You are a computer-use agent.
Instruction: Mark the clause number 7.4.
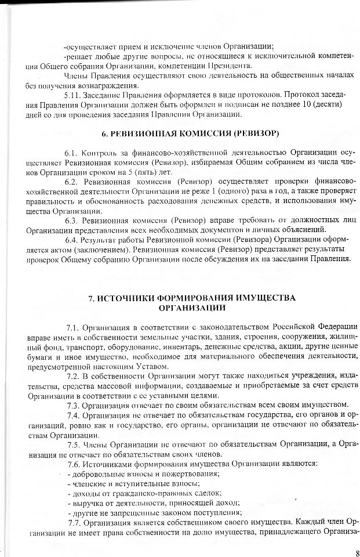click(75, 415)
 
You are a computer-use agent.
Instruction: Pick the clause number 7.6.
click(75, 464)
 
